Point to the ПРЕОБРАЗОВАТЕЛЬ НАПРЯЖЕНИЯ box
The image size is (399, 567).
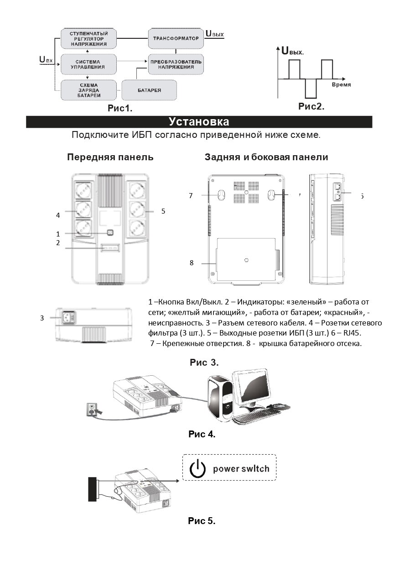click(x=176, y=64)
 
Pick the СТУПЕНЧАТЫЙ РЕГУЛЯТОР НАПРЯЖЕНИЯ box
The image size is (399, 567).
click(x=88, y=39)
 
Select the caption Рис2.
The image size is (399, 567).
click(x=311, y=106)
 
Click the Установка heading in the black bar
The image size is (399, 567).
click(x=199, y=122)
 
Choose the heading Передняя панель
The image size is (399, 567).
click(x=110, y=157)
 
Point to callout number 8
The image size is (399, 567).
click(x=192, y=263)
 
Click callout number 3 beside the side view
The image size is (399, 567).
click(x=42, y=318)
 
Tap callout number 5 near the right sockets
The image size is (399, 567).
click(x=163, y=211)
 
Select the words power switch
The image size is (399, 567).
click(x=241, y=469)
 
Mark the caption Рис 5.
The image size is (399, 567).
click(x=202, y=521)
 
